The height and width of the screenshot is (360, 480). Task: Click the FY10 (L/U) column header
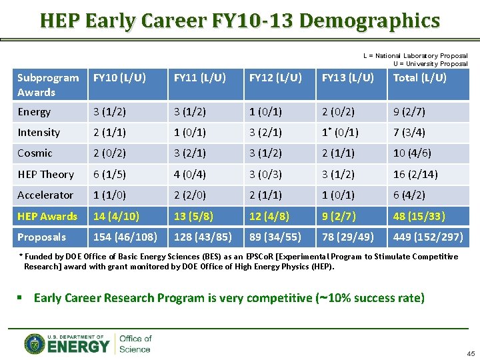(x=120, y=78)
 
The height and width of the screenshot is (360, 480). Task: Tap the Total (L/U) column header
(x=420, y=78)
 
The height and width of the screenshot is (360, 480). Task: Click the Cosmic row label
(x=35, y=153)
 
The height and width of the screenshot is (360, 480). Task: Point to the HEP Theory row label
(x=45, y=174)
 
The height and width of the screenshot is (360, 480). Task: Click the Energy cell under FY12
(x=265, y=112)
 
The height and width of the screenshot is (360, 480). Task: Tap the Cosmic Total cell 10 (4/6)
(x=412, y=153)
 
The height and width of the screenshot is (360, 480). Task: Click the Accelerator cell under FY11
(x=190, y=195)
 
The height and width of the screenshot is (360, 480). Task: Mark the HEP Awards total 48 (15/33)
(x=419, y=216)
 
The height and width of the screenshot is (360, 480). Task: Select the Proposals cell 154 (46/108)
(x=125, y=237)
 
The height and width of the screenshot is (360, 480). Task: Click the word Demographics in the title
(x=369, y=21)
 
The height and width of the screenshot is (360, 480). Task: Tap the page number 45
(x=471, y=353)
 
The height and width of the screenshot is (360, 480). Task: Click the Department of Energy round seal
(x=34, y=343)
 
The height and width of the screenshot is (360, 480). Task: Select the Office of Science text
(x=135, y=343)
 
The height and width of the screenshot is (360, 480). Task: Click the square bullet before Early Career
(x=23, y=298)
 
